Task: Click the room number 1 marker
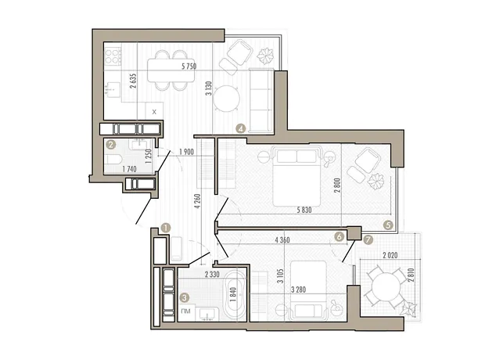[166, 229]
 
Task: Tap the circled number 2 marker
[110, 144]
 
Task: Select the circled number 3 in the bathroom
[185, 298]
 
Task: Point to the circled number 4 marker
[241, 128]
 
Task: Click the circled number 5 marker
[388, 225]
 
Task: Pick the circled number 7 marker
[368, 239]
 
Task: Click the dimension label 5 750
[189, 66]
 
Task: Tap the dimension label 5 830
[304, 211]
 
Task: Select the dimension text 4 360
[282, 239]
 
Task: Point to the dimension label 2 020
[390, 256]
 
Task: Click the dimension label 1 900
[186, 152]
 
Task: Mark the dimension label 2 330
[212, 274]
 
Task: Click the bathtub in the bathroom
[235, 295]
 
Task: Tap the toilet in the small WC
[114, 160]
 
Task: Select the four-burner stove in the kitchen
[113, 56]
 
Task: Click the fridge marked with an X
[154, 110]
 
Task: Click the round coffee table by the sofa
[227, 99]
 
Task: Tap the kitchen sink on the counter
[113, 90]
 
